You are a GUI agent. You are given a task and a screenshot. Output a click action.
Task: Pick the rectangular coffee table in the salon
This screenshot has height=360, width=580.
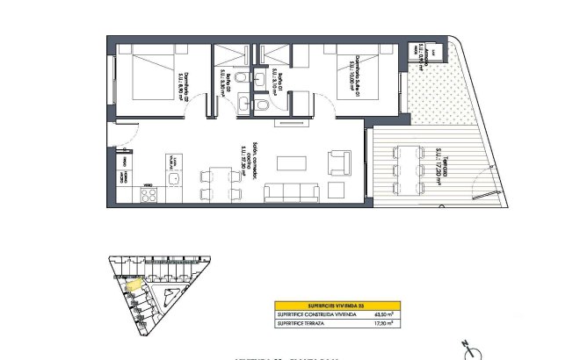click(x=292, y=163)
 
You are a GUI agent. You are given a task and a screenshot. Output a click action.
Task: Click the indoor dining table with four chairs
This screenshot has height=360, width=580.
click(x=221, y=184)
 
